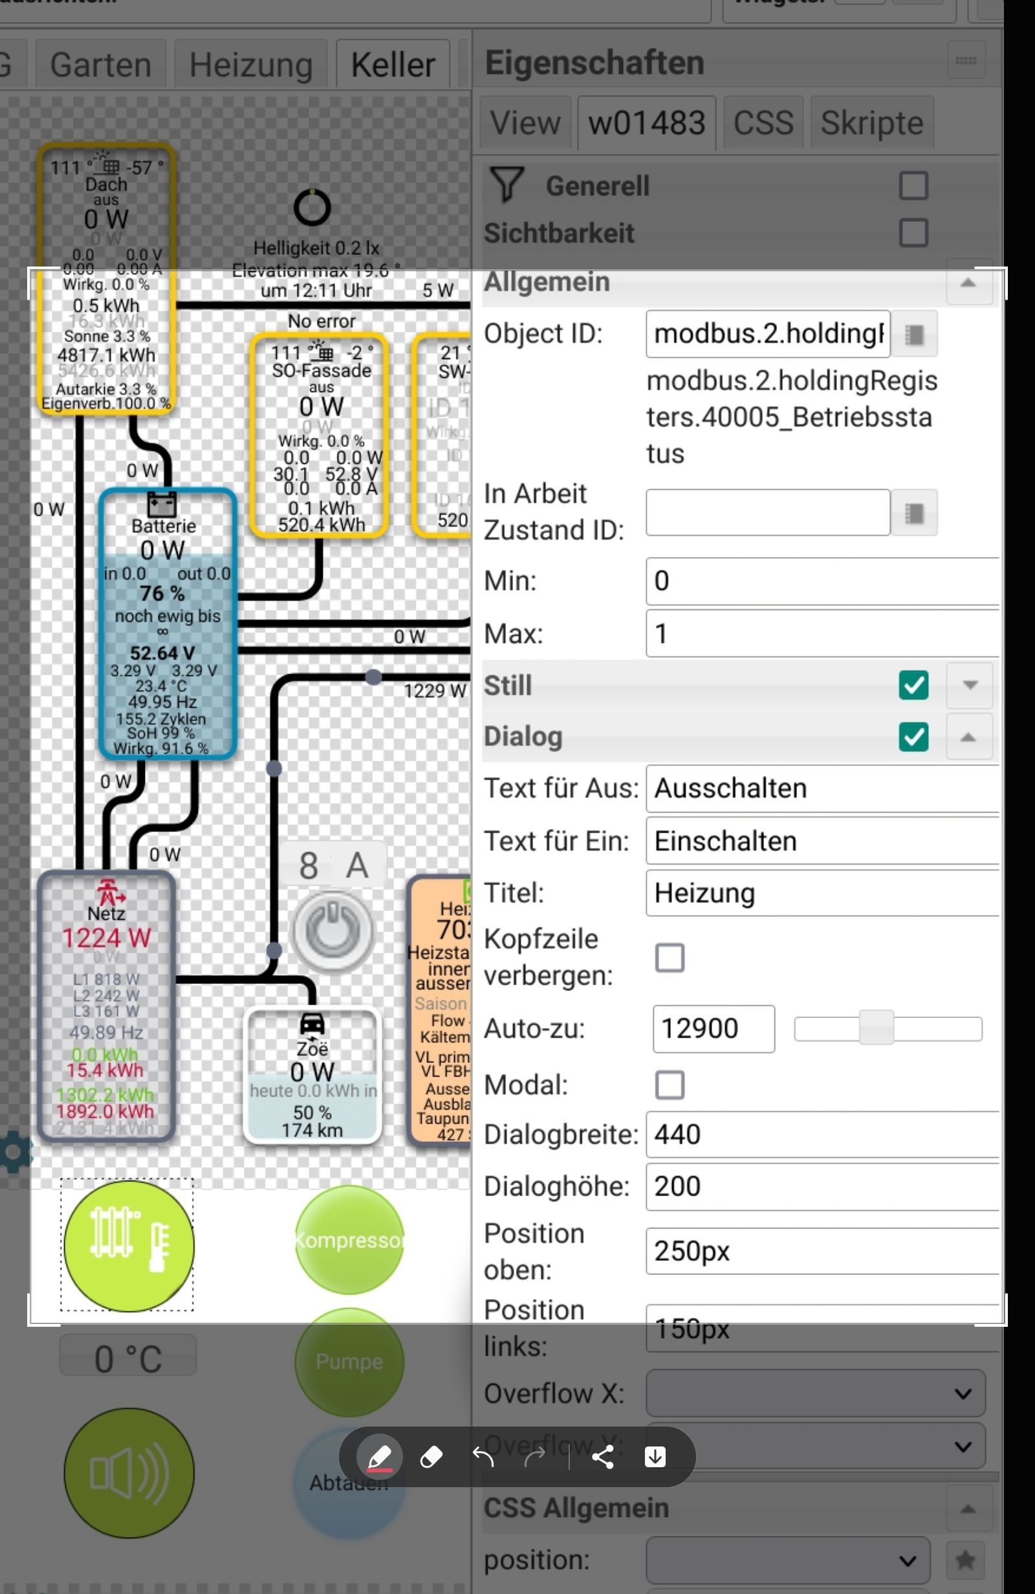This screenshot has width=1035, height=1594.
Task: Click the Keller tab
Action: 393,65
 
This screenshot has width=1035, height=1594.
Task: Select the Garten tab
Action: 100,65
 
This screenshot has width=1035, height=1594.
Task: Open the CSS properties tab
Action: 763,123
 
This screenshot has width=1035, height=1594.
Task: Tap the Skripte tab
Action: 871,123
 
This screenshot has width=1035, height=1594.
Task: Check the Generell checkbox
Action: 913,186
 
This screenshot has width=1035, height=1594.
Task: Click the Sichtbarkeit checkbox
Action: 913,233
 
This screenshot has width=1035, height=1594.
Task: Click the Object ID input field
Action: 768,334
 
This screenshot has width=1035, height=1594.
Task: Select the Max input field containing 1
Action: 822,633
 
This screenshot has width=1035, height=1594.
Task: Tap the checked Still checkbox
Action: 913,685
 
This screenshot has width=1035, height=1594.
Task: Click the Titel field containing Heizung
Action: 822,893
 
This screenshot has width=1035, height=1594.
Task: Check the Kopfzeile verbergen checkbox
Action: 670,957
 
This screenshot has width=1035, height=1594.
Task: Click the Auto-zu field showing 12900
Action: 714,1029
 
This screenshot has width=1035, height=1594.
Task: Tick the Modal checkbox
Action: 670,1085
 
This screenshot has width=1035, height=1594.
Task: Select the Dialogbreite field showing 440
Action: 822,1135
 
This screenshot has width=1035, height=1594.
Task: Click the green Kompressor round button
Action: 349,1239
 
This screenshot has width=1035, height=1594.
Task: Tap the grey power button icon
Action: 332,931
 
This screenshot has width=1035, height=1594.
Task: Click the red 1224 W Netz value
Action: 106,938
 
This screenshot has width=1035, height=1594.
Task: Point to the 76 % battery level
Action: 162,593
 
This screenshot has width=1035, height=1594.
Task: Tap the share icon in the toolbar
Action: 602,1457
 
